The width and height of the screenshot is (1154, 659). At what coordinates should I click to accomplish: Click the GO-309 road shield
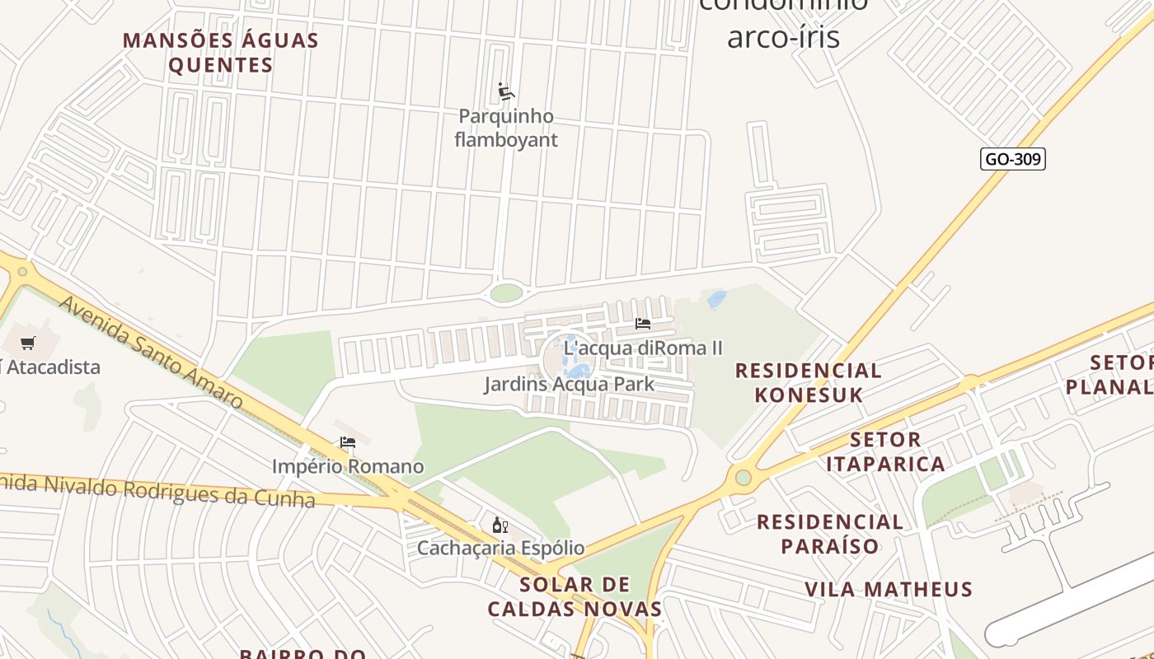1012,159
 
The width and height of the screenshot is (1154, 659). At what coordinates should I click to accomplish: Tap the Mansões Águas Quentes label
221,53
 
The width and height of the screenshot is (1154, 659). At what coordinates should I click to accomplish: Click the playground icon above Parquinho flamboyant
505,91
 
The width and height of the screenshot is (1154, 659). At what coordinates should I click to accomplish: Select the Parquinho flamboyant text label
506,128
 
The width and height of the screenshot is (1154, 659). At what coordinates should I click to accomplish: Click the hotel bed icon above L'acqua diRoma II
643,324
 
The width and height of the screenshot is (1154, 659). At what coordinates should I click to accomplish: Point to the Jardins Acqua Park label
569,384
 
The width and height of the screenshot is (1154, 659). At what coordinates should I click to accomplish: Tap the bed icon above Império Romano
348,442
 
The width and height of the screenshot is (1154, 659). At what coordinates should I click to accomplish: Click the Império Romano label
348,466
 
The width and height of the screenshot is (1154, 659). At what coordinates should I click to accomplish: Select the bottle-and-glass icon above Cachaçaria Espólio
500,526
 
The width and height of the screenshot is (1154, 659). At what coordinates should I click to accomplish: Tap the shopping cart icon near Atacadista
28,343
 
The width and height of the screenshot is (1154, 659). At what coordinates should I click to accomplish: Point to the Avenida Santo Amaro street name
152,352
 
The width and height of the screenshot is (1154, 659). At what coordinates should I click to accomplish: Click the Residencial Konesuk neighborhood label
808,382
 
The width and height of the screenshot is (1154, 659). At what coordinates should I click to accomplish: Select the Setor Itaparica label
885,451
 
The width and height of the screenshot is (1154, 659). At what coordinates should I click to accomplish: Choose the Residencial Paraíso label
829,533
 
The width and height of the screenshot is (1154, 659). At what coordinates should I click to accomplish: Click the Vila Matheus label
889,589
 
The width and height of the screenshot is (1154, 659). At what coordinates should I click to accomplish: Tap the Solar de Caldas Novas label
575,597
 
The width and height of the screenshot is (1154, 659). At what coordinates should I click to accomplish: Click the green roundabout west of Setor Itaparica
744,477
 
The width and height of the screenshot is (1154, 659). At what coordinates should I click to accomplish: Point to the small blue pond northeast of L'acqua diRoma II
716,299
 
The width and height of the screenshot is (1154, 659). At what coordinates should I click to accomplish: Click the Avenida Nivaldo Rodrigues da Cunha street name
157,489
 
